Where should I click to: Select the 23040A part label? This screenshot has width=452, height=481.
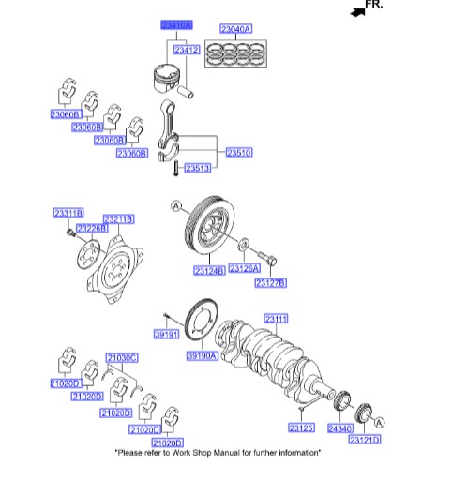(235, 29)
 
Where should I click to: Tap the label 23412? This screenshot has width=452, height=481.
(188, 50)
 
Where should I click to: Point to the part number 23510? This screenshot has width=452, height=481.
(238, 151)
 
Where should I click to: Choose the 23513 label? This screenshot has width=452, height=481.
(197, 168)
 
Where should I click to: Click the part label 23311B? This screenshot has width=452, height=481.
(68, 214)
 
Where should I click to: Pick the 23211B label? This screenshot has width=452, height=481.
(118, 219)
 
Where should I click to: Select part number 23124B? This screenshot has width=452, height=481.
(208, 272)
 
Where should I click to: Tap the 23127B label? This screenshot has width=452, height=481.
(270, 282)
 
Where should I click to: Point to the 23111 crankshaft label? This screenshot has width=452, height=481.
(276, 317)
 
